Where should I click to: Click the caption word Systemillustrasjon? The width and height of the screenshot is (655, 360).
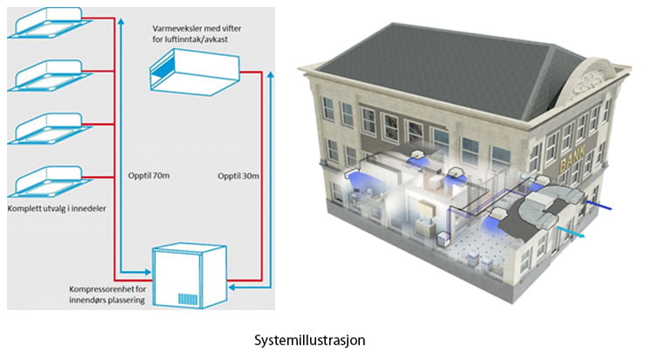click(309, 341)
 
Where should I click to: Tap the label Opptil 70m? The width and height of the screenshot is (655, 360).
click(148, 176)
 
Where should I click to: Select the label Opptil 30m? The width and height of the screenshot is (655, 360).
click(238, 176)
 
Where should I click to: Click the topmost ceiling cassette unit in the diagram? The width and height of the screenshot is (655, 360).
click(49, 23)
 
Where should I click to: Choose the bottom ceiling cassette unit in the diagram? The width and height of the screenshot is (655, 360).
click(49, 182)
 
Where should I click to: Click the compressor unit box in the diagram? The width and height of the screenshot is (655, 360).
click(190, 276)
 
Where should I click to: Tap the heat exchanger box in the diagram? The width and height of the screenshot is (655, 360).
click(195, 72)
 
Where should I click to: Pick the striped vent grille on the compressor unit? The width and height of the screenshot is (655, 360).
click(188, 299)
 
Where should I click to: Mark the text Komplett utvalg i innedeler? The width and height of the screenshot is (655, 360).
click(57, 208)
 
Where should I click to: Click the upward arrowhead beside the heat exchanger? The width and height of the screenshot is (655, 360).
click(271, 75)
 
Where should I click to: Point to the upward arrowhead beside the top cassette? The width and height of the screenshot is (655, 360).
click(121, 21)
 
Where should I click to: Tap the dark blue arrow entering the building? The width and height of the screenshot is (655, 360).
click(598, 205)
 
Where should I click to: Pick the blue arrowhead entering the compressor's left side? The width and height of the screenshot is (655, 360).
click(147, 273)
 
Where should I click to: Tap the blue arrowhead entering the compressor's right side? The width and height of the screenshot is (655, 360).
click(232, 287)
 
